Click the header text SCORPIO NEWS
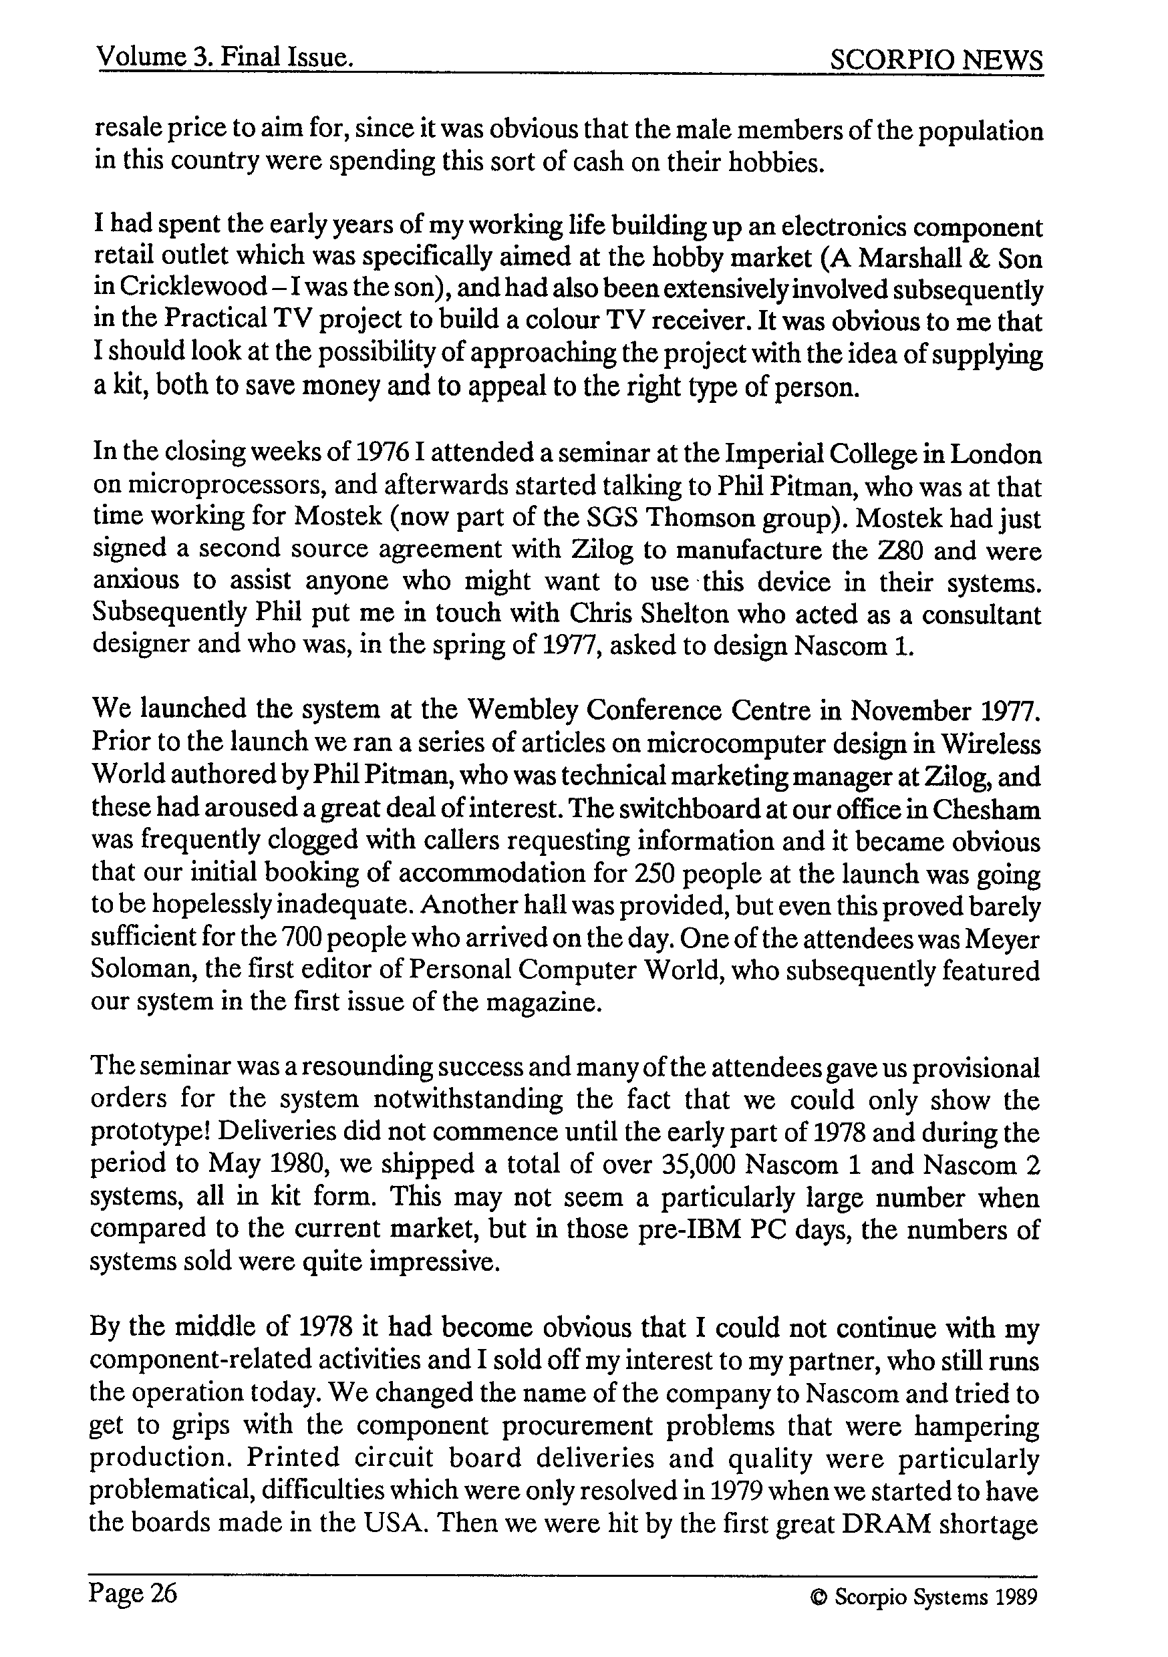[935, 59]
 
